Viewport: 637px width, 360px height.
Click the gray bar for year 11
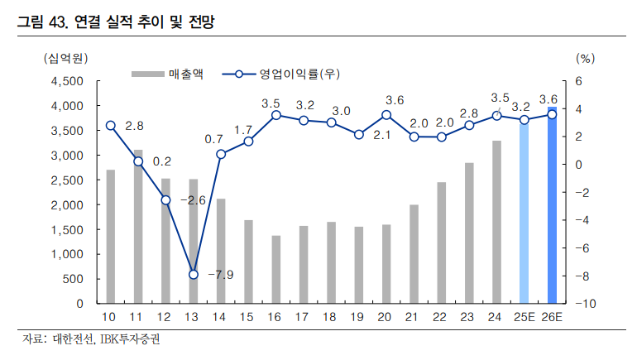click(138, 227)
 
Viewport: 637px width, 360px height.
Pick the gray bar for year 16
click(276, 269)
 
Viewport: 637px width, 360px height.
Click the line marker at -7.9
click(194, 274)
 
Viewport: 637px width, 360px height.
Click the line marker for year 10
click(111, 126)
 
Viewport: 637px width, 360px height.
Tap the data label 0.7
click(214, 139)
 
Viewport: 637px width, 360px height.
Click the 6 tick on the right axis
click(580, 81)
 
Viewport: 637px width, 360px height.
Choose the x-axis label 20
click(386, 319)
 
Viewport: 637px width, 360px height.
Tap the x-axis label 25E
click(524, 319)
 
